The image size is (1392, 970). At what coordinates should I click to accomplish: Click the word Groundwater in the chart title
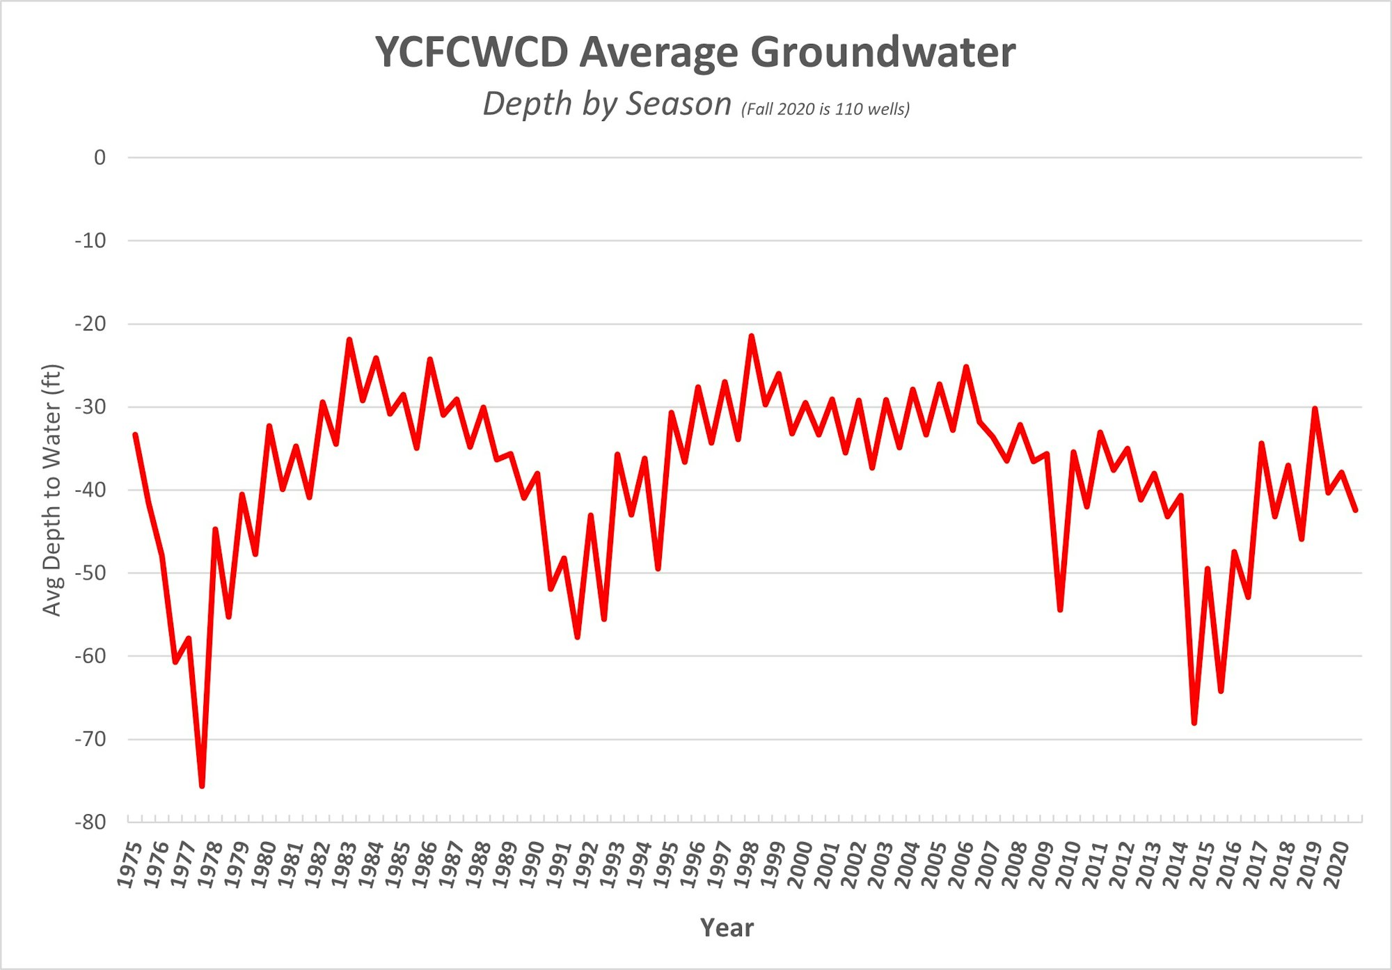883,53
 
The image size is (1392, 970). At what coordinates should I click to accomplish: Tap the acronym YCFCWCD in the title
472,53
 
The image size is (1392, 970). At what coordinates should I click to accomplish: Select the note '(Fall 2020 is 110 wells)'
825,109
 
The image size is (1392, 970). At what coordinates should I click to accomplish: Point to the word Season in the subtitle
679,104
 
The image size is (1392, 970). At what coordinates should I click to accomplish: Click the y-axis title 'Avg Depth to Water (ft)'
52,490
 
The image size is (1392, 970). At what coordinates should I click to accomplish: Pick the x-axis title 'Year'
727,928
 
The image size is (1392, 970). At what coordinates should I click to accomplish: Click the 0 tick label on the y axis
100,158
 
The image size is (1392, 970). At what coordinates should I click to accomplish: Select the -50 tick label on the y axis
90,573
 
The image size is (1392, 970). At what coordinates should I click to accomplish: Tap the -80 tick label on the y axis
90,822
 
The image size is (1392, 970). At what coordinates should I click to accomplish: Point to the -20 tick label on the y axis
90,324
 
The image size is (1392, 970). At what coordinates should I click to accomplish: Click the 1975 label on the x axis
130,865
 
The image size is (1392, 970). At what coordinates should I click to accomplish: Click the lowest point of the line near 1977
202,786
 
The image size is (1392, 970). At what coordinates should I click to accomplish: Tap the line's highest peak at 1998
752,336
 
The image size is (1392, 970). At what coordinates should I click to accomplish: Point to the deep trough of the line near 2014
1194,723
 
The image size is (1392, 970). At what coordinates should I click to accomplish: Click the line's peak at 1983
349,340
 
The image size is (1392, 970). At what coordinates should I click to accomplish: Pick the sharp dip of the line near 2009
1060,610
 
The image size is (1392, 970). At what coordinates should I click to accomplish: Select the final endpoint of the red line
1355,510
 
